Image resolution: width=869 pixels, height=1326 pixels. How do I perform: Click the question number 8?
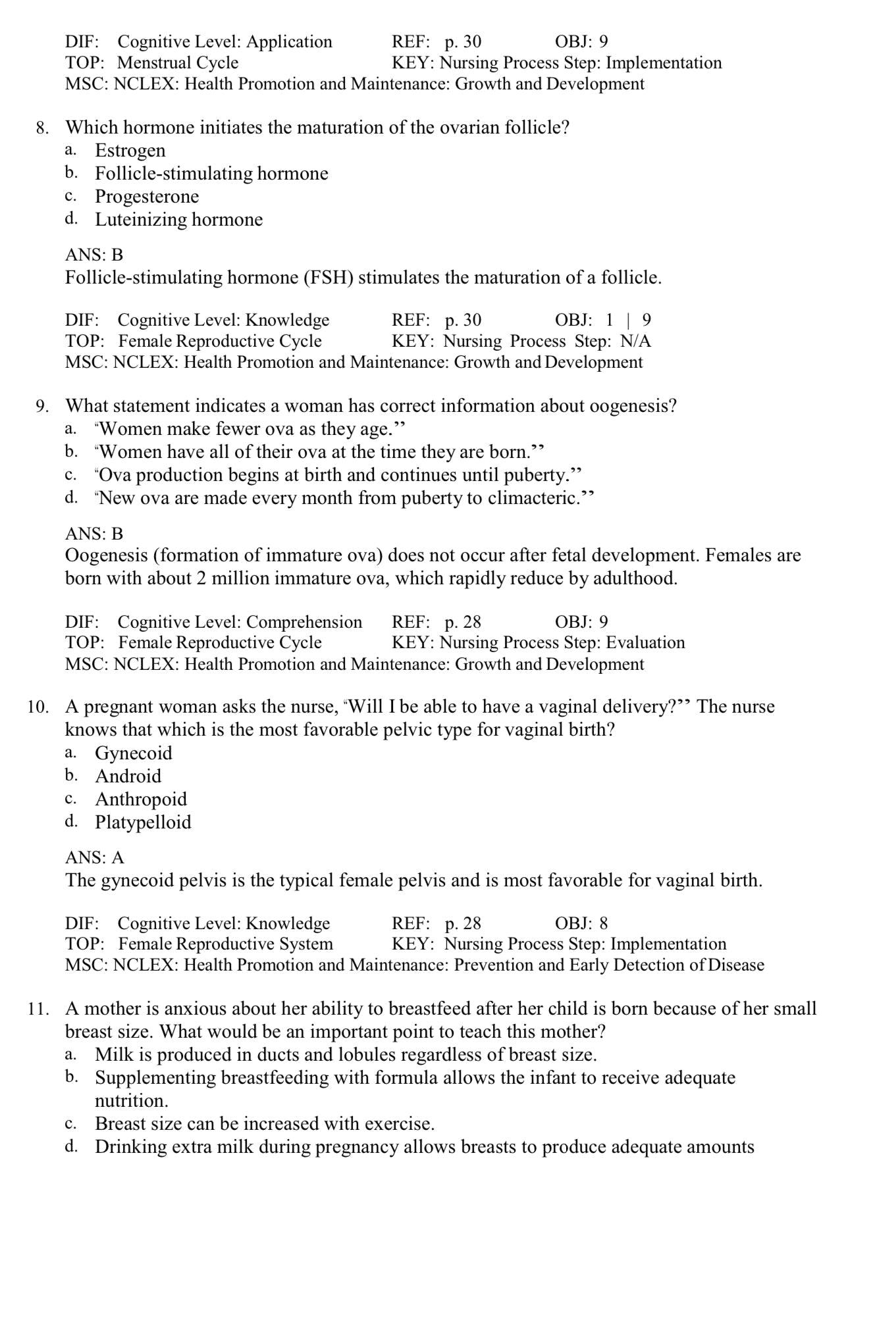[x=42, y=128]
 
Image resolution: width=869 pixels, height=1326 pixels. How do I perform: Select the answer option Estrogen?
[x=130, y=151]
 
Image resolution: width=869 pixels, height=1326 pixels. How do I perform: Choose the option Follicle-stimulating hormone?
[x=211, y=174]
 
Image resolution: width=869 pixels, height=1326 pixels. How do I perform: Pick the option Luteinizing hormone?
[x=178, y=220]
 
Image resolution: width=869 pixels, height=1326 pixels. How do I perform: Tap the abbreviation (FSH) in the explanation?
[x=329, y=278]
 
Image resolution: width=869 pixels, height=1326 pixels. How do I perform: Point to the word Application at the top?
[x=289, y=42]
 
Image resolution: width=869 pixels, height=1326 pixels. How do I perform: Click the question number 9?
[x=42, y=407]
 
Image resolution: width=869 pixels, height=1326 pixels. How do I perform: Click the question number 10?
[x=38, y=707]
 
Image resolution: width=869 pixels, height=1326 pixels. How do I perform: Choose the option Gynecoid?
[x=133, y=753]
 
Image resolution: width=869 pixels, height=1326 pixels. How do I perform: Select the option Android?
[x=128, y=777]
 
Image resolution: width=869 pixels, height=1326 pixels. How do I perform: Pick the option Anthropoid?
[x=141, y=800]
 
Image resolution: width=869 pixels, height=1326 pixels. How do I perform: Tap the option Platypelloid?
[x=143, y=823]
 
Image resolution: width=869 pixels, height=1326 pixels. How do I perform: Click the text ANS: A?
[x=94, y=858]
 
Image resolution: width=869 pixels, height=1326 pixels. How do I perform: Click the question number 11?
[x=38, y=1009]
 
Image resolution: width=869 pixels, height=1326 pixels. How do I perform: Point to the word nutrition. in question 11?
[x=132, y=1101]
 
